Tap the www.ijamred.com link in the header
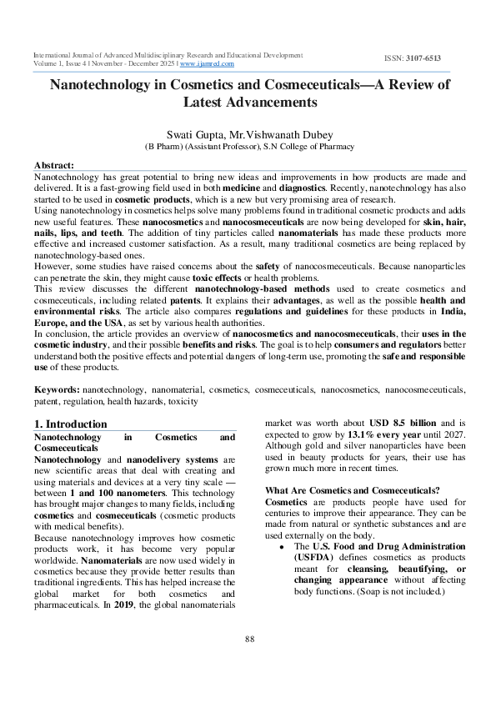pos(207,63)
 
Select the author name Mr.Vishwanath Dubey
pos(277,133)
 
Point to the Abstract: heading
pos(54,165)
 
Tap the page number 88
pos(248,639)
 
